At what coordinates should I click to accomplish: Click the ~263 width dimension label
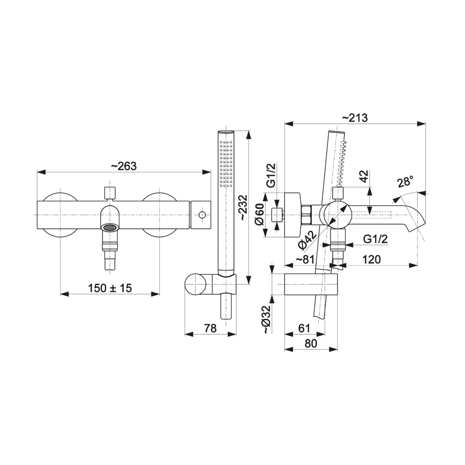tap(124, 166)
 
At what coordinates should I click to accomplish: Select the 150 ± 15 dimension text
tap(110, 288)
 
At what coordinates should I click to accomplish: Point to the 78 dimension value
tap(210, 329)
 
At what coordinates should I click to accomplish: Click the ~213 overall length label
tap(355, 118)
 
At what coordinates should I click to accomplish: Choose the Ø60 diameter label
tap(259, 215)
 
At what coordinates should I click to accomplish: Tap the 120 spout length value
tap(372, 259)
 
